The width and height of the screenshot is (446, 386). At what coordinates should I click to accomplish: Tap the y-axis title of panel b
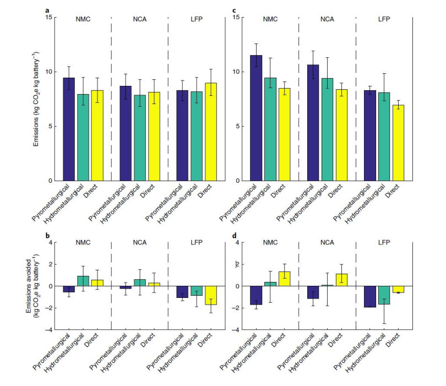[x=31, y=286]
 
